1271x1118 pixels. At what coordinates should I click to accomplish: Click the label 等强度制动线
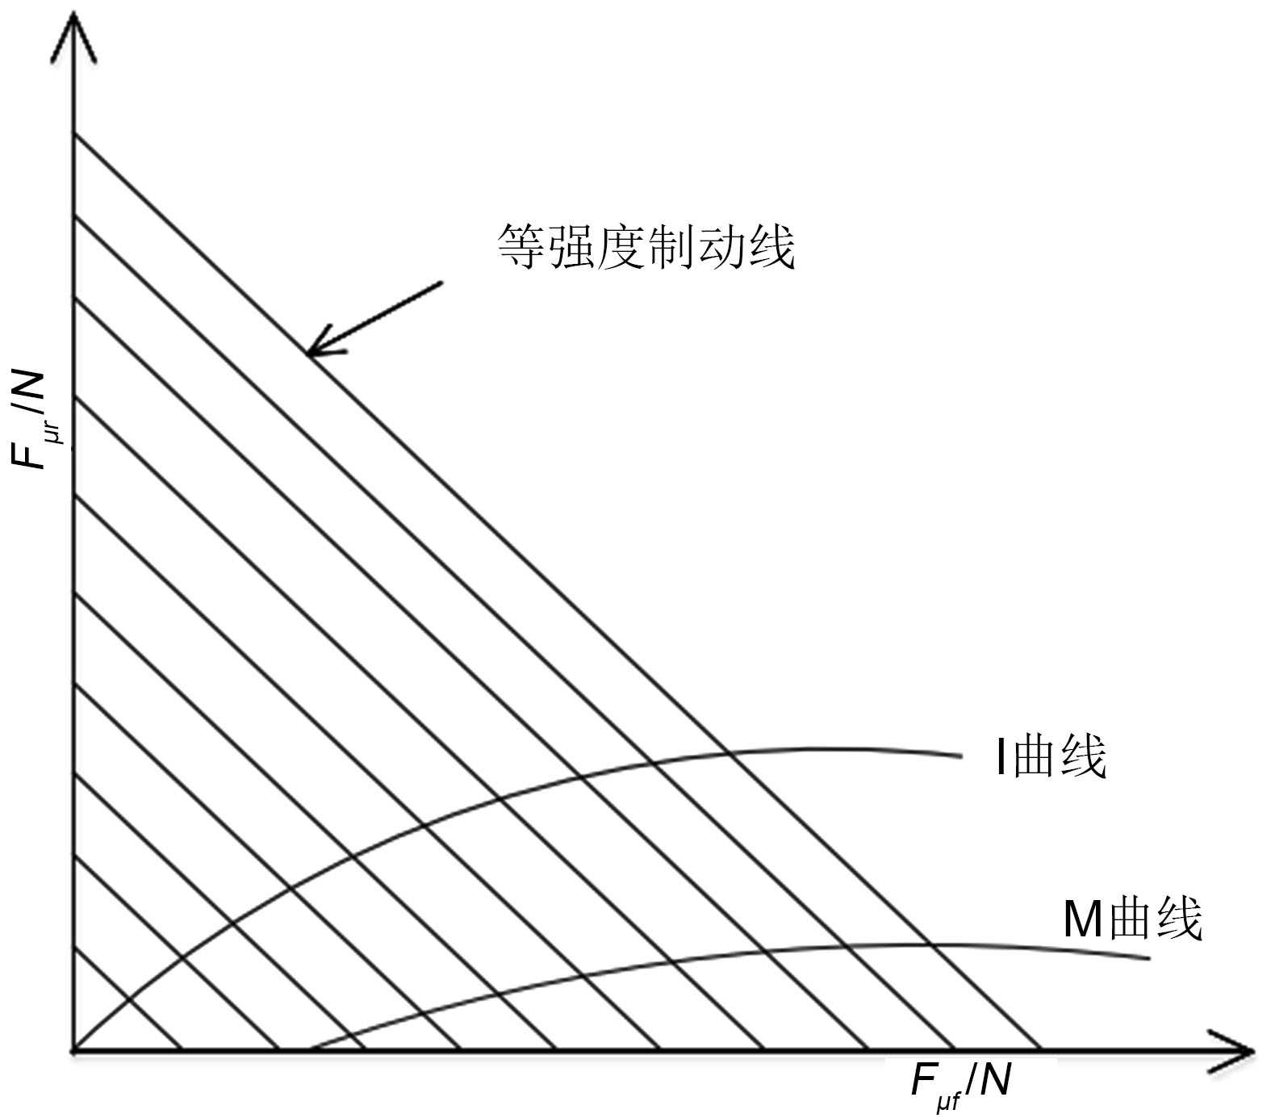coord(646,246)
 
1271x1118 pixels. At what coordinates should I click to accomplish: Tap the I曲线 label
coord(1049,757)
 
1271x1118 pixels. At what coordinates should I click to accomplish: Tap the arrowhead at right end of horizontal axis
coord(1247,1050)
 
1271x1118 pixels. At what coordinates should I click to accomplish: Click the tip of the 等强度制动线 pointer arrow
coord(307,354)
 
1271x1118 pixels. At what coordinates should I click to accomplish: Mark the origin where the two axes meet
coord(73,1050)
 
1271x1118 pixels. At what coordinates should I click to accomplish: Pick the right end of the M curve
coord(1148,958)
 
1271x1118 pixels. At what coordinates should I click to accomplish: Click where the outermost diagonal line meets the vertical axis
coord(73,134)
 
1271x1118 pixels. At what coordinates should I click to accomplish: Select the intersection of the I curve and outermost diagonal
coord(729,752)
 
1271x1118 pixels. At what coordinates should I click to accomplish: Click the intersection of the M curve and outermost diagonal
coord(930,944)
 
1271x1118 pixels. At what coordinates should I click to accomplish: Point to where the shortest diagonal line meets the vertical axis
coord(73,946)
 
